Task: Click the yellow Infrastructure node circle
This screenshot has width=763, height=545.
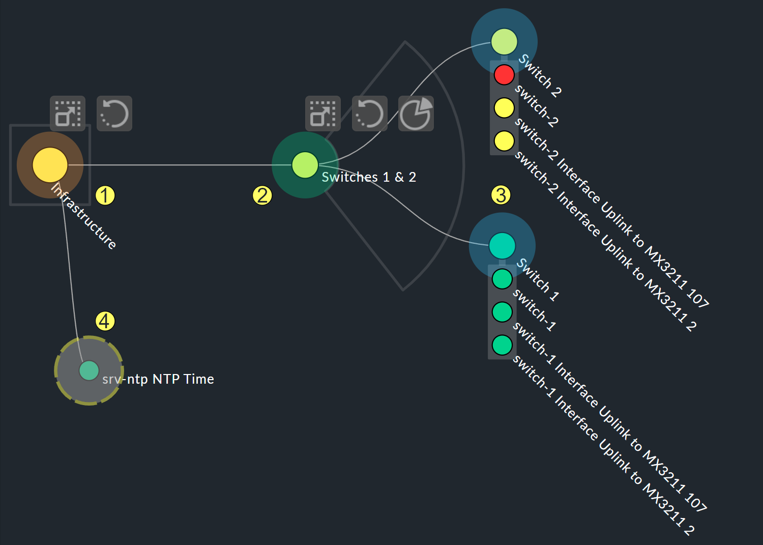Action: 50,165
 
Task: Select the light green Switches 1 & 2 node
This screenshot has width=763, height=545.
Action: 305,165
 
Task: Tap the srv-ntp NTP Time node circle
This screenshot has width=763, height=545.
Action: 89,370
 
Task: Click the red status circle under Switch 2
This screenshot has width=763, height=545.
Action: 504,75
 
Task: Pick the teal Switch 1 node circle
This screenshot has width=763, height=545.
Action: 502,246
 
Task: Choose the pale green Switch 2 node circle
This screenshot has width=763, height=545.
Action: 504,42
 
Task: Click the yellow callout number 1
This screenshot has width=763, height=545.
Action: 105,195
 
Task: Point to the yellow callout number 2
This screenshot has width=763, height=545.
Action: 262,195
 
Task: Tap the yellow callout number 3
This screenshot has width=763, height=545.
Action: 501,195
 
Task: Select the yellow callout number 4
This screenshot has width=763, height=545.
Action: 105,321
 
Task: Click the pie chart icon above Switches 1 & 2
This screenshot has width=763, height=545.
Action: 416,113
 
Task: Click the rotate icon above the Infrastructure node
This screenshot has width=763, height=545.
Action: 114,113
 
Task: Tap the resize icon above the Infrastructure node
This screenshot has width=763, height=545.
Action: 68,113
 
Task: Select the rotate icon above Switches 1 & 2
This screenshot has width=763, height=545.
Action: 370,113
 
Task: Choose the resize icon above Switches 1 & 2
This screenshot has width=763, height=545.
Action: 323,113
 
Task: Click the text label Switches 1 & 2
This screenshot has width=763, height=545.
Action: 369,177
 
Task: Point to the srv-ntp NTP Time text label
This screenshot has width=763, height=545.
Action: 158,379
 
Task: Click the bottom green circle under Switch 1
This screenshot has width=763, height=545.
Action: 502,345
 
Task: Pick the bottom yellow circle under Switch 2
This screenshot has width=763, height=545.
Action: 504,141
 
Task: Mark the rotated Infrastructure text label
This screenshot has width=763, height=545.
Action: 84,216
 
